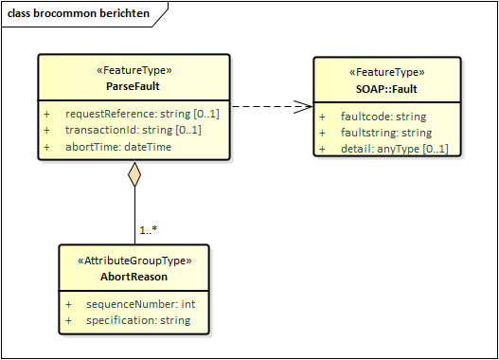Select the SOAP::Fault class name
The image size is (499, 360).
[x=388, y=89]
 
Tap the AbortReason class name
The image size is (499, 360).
[x=134, y=277]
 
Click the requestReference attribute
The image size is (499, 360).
[x=142, y=114]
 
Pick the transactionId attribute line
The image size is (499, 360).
[x=133, y=130]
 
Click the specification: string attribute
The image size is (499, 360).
[x=137, y=320]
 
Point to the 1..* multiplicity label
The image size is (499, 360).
[x=148, y=230]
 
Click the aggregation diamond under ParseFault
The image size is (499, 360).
[x=134, y=174]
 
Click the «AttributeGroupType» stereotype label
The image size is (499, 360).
[x=134, y=261]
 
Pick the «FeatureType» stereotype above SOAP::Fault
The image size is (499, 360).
[x=388, y=72]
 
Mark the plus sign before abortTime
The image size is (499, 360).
[x=46, y=147]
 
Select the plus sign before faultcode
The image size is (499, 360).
[x=322, y=117]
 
